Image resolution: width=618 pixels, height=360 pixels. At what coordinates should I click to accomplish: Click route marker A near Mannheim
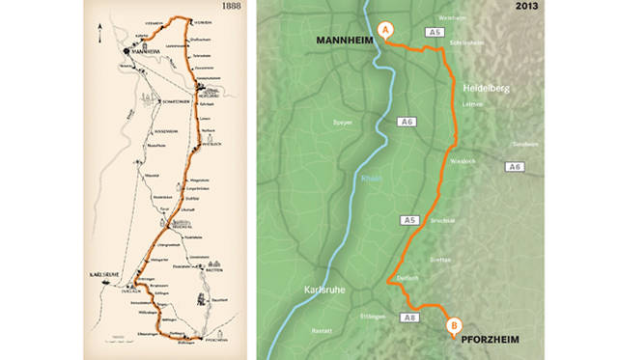point(385,30)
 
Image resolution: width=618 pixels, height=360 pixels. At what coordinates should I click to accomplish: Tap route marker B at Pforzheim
point(455,326)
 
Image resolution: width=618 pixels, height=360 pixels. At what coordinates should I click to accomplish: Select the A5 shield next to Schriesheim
point(436,32)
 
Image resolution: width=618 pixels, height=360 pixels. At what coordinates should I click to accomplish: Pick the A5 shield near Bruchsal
point(408,221)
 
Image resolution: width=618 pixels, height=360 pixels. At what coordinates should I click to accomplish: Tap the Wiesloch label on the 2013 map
point(463,160)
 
